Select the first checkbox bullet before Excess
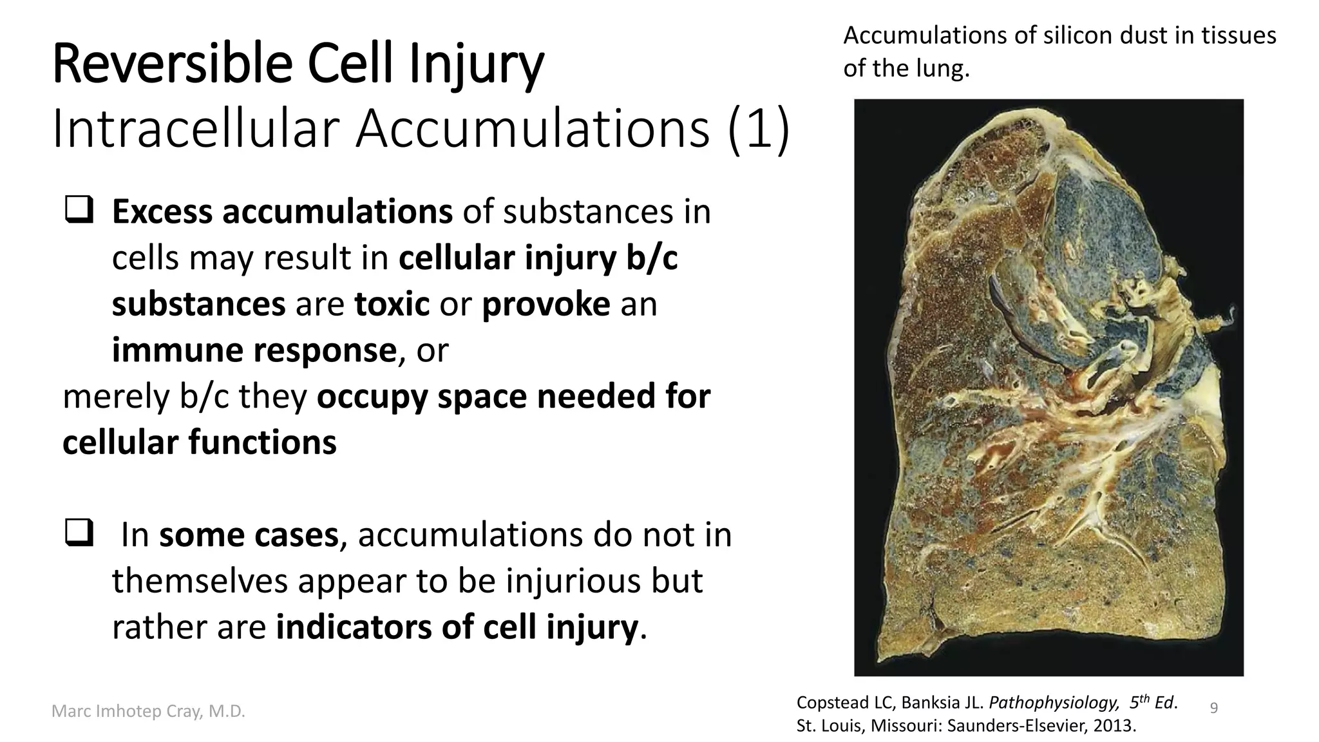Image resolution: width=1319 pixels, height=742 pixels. [79, 211]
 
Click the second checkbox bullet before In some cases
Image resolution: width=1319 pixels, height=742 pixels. [79, 534]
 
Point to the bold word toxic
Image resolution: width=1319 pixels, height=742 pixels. [392, 304]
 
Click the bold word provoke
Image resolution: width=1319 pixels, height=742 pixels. [546, 304]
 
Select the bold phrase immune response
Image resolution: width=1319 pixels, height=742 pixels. [254, 350]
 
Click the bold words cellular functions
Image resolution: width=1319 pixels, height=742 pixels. [199, 443]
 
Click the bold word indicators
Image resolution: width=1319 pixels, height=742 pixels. [354, 627]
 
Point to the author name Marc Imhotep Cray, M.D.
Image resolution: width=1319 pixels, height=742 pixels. [148, 712]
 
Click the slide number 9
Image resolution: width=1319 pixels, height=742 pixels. [1214, 709]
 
